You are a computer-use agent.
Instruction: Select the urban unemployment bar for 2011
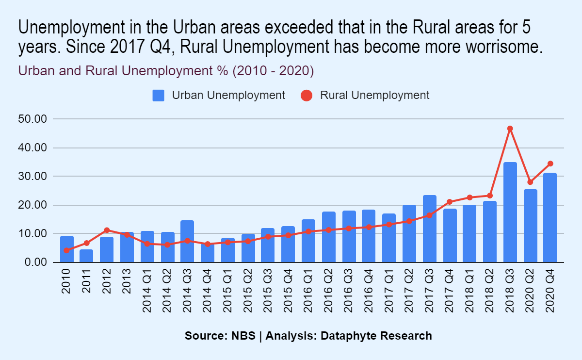coord(86,256)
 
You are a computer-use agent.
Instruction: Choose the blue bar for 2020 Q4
coord(550,218)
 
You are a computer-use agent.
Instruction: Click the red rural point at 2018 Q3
coord(510,129)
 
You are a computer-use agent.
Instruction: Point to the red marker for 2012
coord(107,230)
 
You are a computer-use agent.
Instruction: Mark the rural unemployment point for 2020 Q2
coord(530,182)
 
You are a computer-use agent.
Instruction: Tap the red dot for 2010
coord(66,250)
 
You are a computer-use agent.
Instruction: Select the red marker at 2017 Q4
coord(450,202)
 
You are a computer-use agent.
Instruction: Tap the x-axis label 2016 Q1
coord(308,290)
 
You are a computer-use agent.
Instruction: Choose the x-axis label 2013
coord(127,281)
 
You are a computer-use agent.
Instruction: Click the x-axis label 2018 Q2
coord(490,290)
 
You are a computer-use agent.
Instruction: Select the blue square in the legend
coord(159,95)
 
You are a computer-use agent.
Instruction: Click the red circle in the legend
coord(306,95)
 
